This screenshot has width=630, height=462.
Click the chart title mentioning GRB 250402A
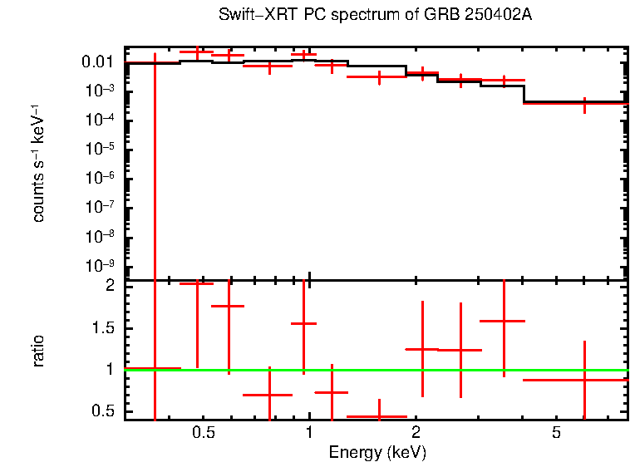[376, 16]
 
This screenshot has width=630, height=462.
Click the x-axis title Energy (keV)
[377, 453]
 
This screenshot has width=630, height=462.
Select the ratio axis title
[39, 351]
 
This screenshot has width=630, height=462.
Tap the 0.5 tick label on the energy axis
[204, 433]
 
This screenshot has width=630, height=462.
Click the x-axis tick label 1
[309, 433]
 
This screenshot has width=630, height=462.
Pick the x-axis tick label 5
[557, 433]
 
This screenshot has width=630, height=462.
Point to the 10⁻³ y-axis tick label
[101, 91]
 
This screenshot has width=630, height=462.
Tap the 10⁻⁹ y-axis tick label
[101, 265]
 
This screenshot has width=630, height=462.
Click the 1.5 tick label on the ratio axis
[104, 327]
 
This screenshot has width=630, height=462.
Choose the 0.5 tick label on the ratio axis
[104, 410]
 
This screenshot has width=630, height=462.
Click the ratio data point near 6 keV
[584, 380]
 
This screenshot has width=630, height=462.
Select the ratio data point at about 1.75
[229, 306]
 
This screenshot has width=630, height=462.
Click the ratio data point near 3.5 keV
[504, 320]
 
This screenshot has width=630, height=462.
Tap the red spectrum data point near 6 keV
[584, 104]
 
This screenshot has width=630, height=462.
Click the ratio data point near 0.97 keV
[304, 323]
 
